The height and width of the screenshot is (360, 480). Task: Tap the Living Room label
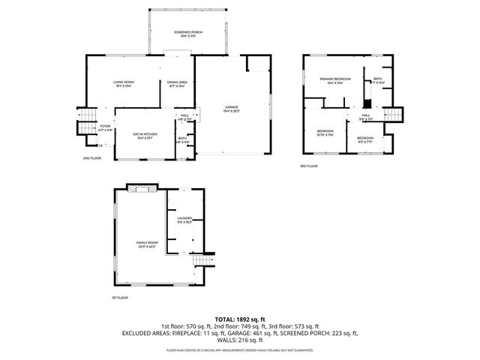click(123, 83)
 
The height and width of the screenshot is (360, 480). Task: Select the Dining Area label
click(177, 83)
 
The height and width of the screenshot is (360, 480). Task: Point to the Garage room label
click(232, 109)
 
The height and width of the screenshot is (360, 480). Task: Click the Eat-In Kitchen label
click(144, 136)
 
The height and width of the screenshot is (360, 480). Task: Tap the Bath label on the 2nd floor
click(182, 139)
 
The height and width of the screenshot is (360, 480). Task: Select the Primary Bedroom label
click(334, 80)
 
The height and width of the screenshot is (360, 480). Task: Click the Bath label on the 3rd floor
click(377, 80)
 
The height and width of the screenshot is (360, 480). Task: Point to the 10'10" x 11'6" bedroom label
click(325, 132)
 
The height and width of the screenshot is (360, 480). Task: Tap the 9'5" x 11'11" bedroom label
click(365, 139)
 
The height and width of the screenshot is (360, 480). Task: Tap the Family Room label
click(147, 244)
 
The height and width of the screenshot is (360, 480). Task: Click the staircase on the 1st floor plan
click(199, 259)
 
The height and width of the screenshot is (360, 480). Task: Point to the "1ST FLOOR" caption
click(120, 298)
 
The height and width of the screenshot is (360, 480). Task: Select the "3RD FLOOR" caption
click(309, 166)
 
